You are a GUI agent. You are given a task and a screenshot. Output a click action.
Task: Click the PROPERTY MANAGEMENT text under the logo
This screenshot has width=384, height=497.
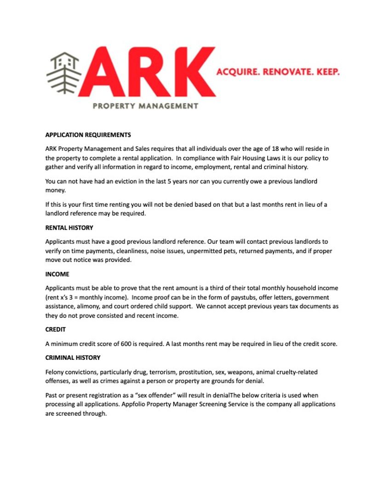click(x=145, y=106)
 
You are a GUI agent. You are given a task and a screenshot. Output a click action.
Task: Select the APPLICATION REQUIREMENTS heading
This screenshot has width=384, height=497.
click(x=88, y=135)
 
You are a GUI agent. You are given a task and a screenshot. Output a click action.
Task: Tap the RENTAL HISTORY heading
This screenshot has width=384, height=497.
click(x=69, y=228)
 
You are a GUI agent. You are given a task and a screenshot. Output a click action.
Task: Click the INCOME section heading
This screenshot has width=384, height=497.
click(x=57, y=274)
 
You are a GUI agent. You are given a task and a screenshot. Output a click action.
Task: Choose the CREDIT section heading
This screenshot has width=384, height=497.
click(x=56, y=329)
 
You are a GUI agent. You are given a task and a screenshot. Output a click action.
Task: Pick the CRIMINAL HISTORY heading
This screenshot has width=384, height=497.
click(x=73, y=358)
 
